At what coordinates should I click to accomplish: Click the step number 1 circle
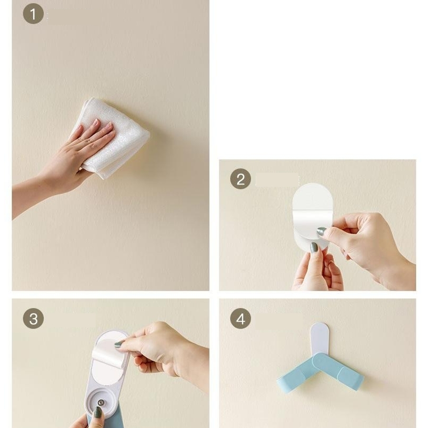tap(33, 14)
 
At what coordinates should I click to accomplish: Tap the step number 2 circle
tap(241, 179)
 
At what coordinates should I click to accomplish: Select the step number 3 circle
tap(33, 319)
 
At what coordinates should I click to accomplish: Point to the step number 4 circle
tap(241, 319)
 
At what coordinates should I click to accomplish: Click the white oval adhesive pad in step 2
tap(312, 215)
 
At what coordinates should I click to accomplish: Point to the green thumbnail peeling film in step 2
tap(321, 232)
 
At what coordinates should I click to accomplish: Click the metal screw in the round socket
tap(101, 402)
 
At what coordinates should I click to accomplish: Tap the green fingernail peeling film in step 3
tap(119, 344)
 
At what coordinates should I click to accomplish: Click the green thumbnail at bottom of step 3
tap(97, 412)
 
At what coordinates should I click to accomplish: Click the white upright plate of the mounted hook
tap(320, 339)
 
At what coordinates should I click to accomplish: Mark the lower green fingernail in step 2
tap(314, 248)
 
